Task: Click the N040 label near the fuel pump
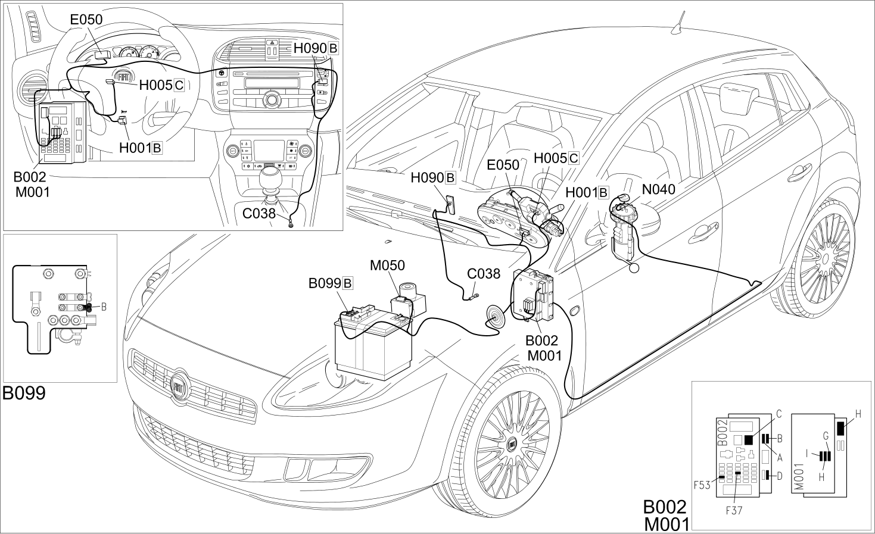659,189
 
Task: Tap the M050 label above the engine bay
387,266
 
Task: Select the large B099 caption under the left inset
24,393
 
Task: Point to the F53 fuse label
702,485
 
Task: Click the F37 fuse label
734,510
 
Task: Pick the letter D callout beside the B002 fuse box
779,476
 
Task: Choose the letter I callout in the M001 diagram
807,454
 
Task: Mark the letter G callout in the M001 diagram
826,436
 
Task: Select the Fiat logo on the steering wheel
124,76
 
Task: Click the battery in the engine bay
373,343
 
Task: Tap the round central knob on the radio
271,100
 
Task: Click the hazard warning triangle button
273,42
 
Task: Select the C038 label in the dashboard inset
259,214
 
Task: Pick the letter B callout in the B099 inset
104,307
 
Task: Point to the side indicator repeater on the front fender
575,311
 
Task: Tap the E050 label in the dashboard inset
86,20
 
